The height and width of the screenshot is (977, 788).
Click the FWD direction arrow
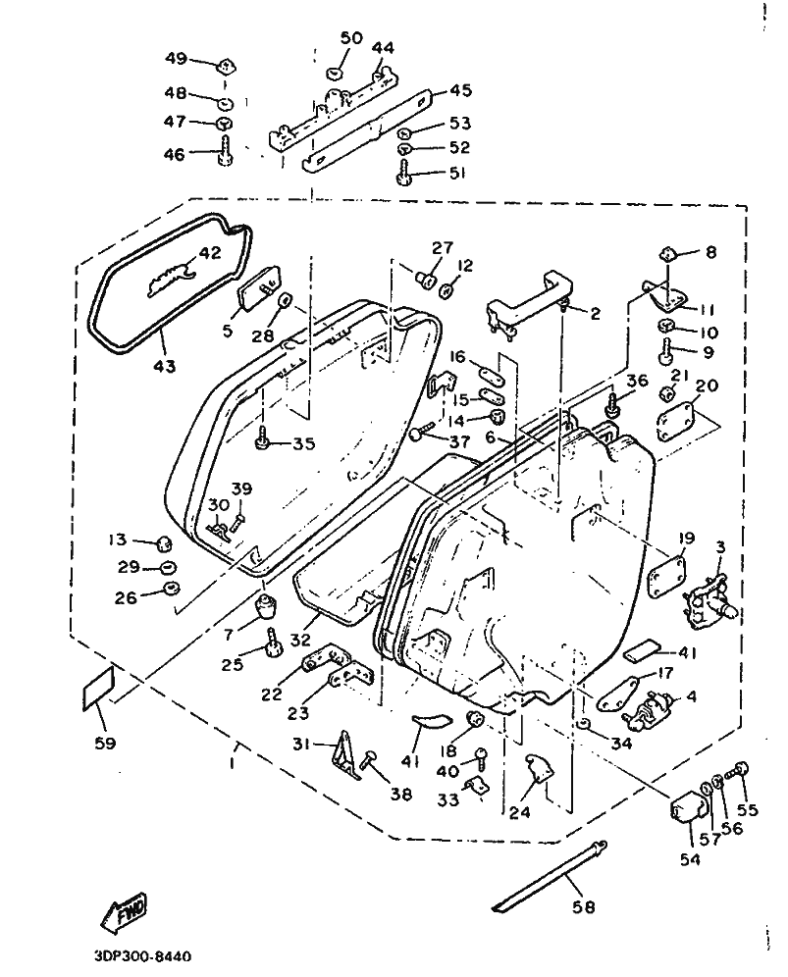[123, 912]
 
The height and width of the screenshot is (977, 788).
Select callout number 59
[105, 743]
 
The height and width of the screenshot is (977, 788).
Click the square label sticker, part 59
[98, 688]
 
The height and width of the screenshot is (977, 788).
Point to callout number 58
[584, 906]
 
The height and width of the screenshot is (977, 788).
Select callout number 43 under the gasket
[164, 366]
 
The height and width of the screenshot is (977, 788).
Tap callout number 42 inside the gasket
[210, 253]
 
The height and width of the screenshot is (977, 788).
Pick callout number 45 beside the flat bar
[460, 90]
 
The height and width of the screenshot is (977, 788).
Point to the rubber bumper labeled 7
[266, 607]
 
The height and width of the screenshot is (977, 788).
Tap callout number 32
[300, 640]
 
